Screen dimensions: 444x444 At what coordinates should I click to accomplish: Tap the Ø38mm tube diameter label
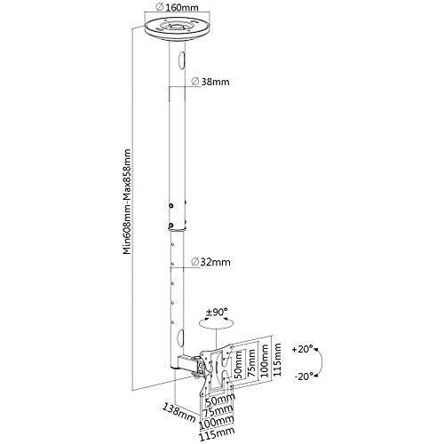point(213,83)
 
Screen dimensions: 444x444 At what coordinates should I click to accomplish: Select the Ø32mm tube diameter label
point(213,263)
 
